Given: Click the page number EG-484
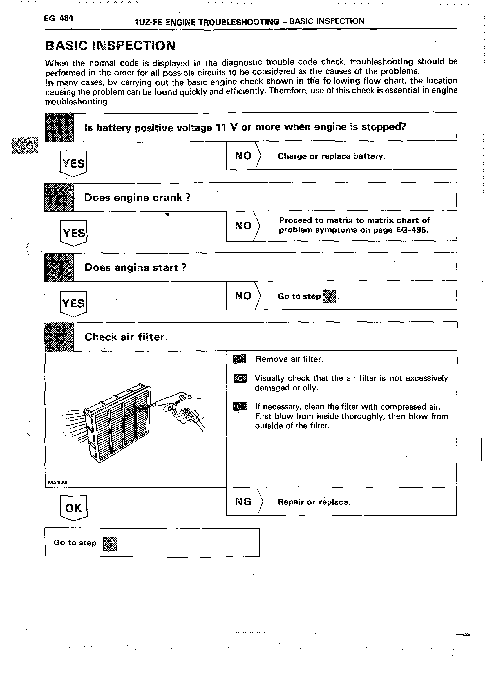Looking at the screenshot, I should (58, 18).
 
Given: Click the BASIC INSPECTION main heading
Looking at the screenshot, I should (111, 46).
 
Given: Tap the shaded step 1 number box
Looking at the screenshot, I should (59, 128).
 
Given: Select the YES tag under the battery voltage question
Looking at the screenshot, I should (73, 163).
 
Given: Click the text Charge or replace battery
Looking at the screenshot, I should (331, 156).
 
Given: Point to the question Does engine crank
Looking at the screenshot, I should (137, 198).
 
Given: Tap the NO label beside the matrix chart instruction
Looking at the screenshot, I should (243, 225).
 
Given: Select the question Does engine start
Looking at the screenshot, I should (135, 267).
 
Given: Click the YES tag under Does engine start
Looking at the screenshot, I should (73, 303).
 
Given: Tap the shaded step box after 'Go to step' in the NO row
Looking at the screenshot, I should (329, 296).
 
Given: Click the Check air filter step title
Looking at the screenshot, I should (126, 337).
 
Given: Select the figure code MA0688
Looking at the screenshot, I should (57, 483).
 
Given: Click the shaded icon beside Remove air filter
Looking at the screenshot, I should (239, 359).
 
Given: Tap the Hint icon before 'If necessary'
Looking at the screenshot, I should (240, 406).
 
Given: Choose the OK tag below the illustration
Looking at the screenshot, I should (73, 508).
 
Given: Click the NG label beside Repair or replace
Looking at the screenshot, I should (243, 502).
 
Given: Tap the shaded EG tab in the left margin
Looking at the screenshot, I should (25, 146).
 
